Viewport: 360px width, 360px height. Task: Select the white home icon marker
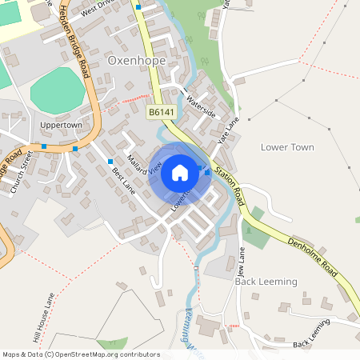179,173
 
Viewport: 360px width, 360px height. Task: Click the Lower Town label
287,147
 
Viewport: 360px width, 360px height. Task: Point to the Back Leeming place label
266,282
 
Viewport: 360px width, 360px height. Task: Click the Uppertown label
61,126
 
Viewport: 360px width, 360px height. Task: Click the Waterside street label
200,102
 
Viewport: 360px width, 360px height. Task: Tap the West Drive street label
94,9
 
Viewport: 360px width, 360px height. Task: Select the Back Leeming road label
311,334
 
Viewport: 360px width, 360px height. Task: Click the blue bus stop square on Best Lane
110,162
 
